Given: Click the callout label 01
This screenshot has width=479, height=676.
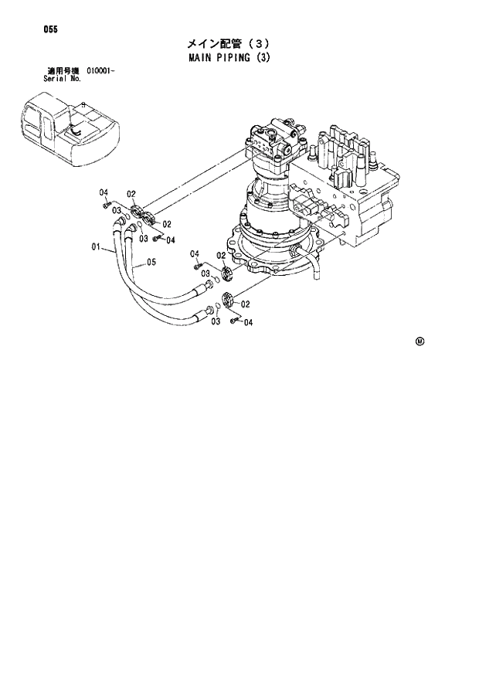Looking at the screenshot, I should tap(96, 247).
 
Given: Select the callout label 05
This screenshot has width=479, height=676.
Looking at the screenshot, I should tap(151, 262).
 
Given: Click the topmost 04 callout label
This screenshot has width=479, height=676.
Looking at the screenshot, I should tap(103, 192).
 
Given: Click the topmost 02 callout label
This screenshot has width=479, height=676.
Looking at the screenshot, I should tap(131, 194).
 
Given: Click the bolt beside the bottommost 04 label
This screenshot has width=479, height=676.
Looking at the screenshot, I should tap(234, 318).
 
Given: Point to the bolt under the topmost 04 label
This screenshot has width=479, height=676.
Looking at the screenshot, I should tap(106, 205).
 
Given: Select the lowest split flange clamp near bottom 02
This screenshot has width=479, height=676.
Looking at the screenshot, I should tap(228, 301).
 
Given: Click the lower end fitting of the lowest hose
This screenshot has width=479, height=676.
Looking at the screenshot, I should tap(207, 311).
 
